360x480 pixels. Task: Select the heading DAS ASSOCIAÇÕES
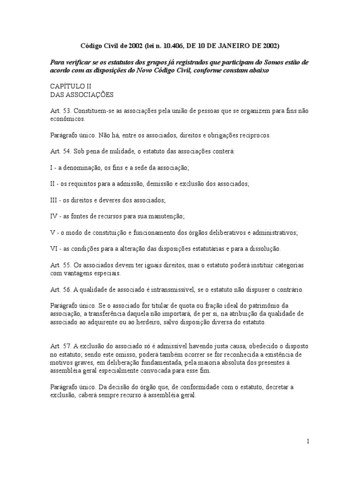coord(82,95)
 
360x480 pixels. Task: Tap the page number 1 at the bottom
coord(308,441)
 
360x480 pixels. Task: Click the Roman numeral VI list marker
coord(54,248)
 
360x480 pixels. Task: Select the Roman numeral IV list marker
coord(54,216)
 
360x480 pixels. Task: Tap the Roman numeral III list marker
coord(54,200)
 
